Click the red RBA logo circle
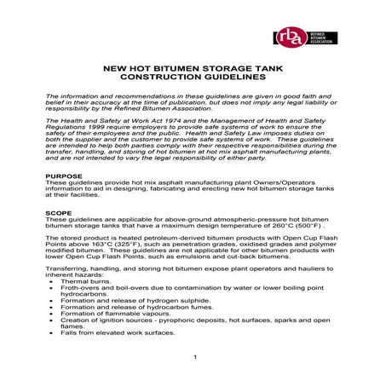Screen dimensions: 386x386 pos(288,38)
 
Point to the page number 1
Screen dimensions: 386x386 pos(195,357)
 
